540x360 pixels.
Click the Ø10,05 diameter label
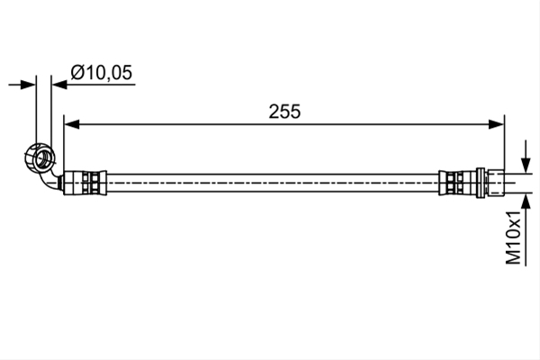pyautogui.click(x=101, y=73)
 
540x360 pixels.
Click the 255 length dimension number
pyautogui.click(x=284, y=112)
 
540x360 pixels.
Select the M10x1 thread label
pyautogui.click(x=514, y=237)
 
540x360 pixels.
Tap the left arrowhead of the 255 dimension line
pyautogui.click(x=72, y=124)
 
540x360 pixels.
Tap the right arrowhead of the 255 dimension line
pyautogui.click(x=496, y=124)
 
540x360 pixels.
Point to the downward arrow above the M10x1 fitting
pyautogui.click(x=526, y=156)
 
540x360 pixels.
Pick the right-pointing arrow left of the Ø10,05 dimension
pyautogui.click(x=22, y=85)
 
